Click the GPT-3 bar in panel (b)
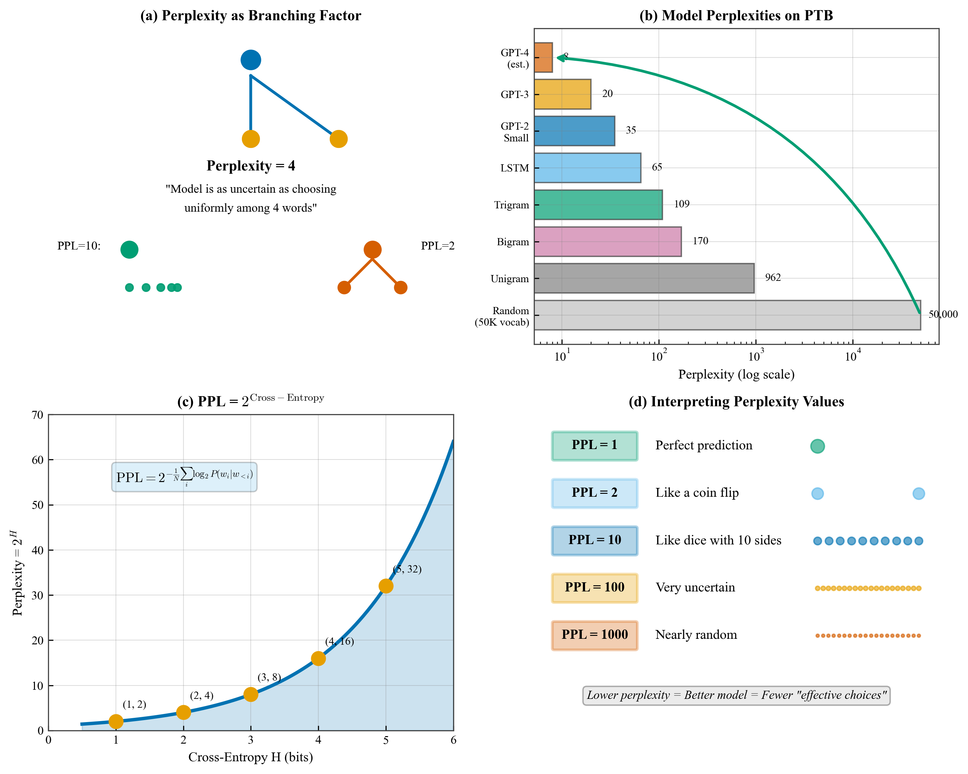click(x=562, y=94)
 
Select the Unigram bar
click(x=643, y=279)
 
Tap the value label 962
click(x=773, y=278)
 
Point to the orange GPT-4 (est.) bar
click(x=543, y=57)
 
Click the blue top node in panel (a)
click(x=250, y=60)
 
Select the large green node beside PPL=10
click(x=129, y=249)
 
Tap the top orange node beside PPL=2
click(x=372, y=249)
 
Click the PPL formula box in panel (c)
click(x=184, y=476)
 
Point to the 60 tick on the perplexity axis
click(x=38, y=460)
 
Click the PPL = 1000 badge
click(x=595, y=635)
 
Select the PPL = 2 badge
click(x=595, y=493)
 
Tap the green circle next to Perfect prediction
click(x=817, y=446)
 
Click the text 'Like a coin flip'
click(x=697, y=493)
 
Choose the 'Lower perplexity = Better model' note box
click(x=736, y=695)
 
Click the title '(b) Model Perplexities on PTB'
click(x=736, y=16)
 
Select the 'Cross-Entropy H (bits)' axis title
click(x=250, y=757)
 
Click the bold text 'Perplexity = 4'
click(x=250, y=166)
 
